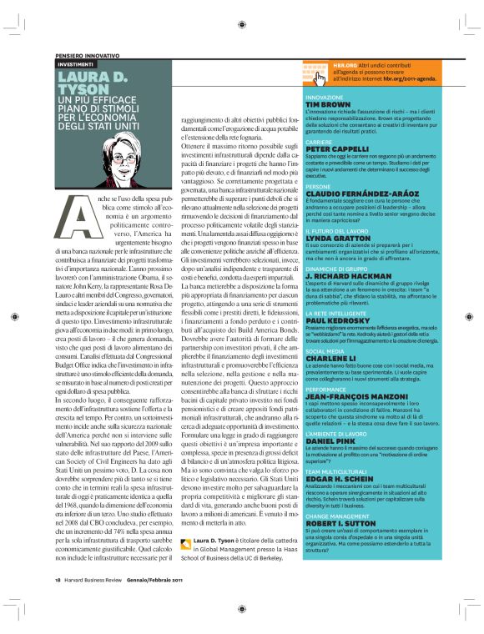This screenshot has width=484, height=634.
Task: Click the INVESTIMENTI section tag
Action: tap(75, 63)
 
